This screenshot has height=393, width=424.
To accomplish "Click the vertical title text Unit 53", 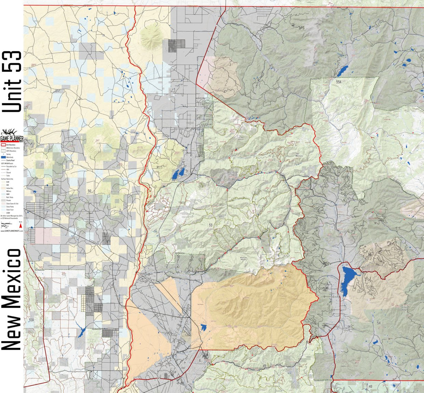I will click(12, 82).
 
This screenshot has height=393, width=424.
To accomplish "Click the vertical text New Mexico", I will click(12, 299).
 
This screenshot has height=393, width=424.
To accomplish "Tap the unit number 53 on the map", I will click(211, 225).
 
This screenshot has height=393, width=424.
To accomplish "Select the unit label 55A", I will click(339, 82).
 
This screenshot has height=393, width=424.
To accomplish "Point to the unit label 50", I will click(89, 191).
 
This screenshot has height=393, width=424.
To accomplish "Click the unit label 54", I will click(379, 323).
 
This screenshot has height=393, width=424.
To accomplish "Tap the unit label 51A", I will click(31, 320).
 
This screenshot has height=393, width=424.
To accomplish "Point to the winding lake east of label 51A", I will click(81, 332).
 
